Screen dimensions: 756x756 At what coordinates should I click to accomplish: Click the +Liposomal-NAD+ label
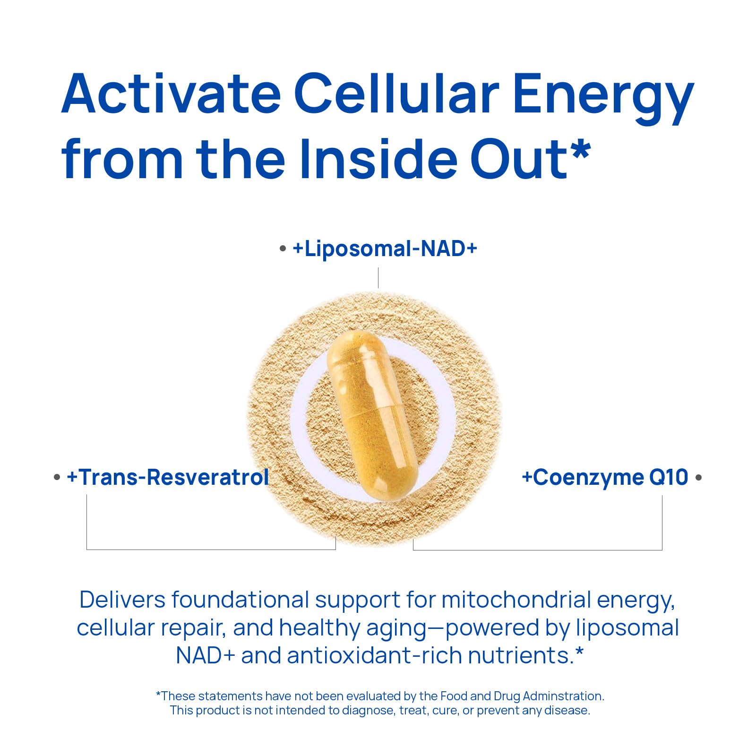[x=385, y=249]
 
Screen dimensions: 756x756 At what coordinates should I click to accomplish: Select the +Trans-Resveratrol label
[x=168, y=477]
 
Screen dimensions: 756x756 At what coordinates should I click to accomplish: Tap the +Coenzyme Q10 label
[x=605, y=478]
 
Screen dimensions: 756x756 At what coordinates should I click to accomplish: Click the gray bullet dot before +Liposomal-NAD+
[x=283, y=249]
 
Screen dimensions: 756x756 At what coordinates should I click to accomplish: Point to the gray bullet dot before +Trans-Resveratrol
[x=57, y=478]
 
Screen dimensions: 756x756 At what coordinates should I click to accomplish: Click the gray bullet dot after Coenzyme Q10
[x=699, y=478]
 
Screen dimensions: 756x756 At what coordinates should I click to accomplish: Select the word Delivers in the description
[x=122, y=600]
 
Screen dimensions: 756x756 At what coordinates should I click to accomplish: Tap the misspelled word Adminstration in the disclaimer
[x=563, y=696]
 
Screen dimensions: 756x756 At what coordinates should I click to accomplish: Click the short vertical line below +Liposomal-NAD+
[x=378, y=278]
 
